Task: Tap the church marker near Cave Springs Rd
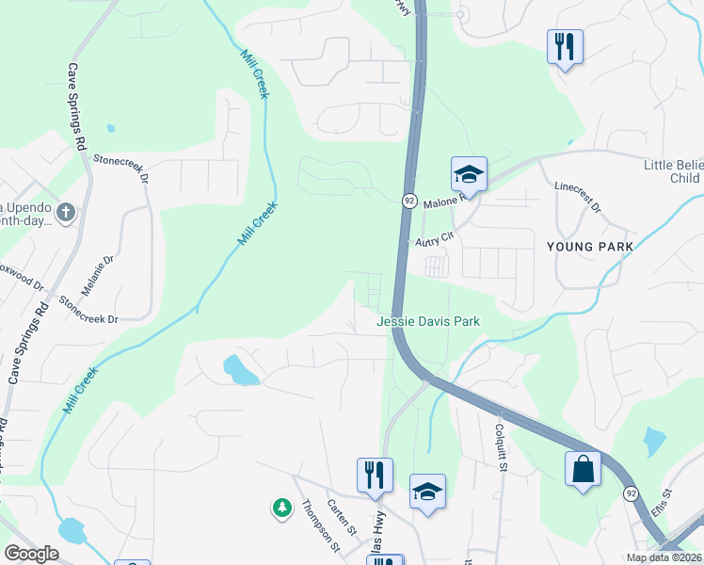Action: pos(66,212)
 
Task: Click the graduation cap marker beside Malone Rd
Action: pos(469,174)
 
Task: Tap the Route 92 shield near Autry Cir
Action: pos(409,201)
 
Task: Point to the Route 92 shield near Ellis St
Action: pos(629,493)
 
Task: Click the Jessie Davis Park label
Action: pos(428,321)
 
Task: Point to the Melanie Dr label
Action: pos(103,272)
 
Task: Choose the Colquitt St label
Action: pos(502,446)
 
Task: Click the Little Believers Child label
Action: pos(673,171)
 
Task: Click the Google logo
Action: pos(32,554)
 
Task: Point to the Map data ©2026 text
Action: pos(664,557)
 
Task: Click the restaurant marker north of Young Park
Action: pos(565,47)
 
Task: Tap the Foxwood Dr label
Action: pos(21,280)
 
